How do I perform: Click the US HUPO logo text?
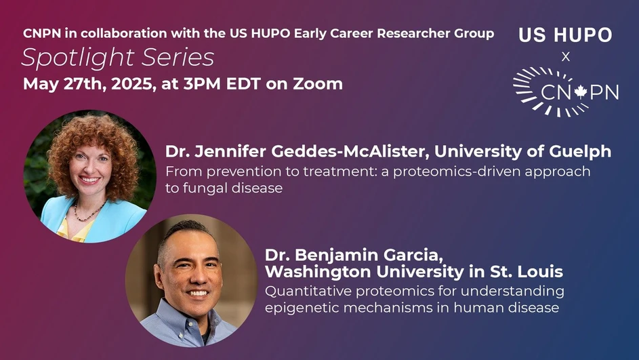pyautogui.click(x=565, y=35)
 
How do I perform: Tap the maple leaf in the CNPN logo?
pyautogui.click(x=579, y=92)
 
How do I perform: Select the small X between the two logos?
pyautogui.click(x=566, y=58)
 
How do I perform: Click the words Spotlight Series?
pyautogui.click(x=118, y=58)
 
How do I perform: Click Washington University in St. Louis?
pyautogui.click(x=414, y=273)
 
